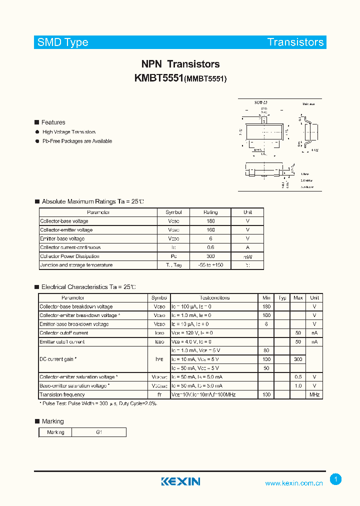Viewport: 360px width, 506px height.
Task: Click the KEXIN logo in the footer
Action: pyautogui.click(x=180, y=481)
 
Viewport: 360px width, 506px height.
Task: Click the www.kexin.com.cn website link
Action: pyautogui.click(x=293, y=483)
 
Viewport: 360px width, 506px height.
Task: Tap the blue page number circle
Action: pyautogui.click(x=336, y=479)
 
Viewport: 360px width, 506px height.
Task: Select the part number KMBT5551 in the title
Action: pyautogui.click(x=159, y=78)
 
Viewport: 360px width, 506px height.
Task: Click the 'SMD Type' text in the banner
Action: pyautogui.click(x=63, y=42)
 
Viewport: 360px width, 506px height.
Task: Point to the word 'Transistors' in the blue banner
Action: pyautogui.click(x=295, y=42)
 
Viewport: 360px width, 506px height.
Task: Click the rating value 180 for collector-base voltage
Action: pyautogui.click(x=210, y=221)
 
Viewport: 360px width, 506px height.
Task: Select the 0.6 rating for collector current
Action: pyautogui.click(x=210, y=247)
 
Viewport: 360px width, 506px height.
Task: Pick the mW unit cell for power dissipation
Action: pyautogui.click(x=247, y=256)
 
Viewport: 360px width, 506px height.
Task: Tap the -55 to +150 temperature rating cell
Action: pyautogui.click(x=210, y=265)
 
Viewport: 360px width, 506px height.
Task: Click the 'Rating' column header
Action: pyautogui.click(x=210, y=212)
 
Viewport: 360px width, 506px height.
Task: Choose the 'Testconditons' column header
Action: pyautogui.click(x=214, y=297)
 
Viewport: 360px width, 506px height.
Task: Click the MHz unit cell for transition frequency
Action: pyautogui.click(x=314, y=394)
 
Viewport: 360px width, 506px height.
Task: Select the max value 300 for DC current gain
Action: pyautogui.click(x=298, y=359)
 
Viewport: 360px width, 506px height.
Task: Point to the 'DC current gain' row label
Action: pyautogui.click(x=58, y=359)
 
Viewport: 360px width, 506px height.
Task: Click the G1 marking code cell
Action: pyautogui.click(x=99, y=432)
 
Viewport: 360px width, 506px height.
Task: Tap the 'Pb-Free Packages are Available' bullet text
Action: pyautogui.click(x=77, y=141)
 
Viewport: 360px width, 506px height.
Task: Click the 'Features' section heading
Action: pyautogui.click(x=53, y=122)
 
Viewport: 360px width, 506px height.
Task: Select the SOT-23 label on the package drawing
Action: pyautogui.click(x=260, y=102)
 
